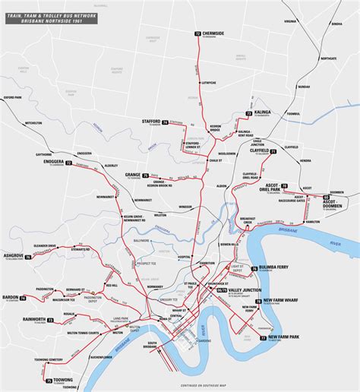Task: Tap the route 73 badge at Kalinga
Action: pyautogui.click(x=248, y=113)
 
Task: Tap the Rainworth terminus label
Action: pyautogui.click(x=33, y=320)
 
